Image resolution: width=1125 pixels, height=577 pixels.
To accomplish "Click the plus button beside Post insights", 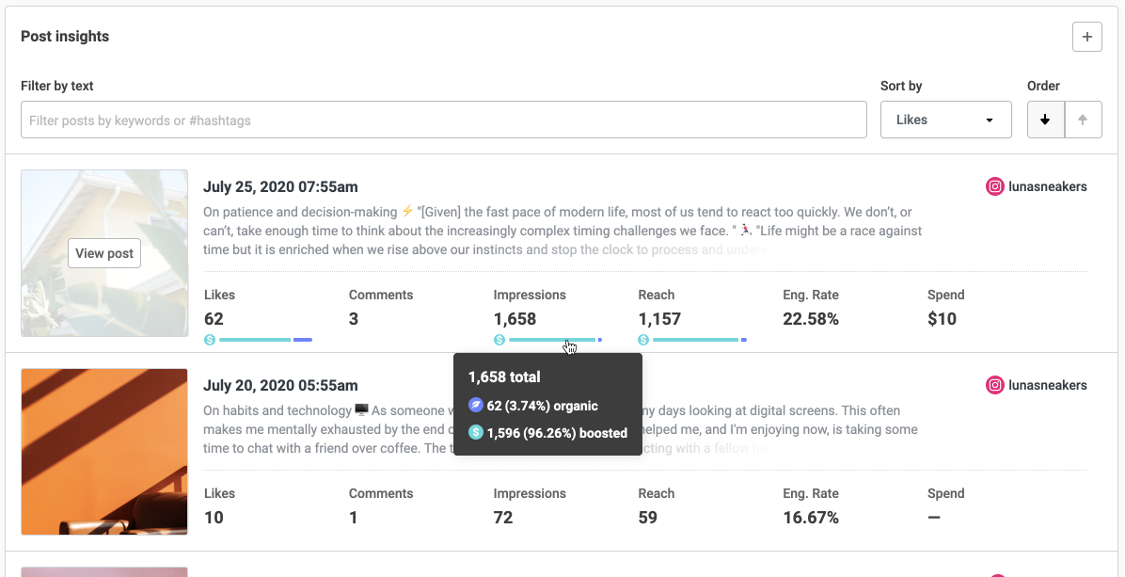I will coord(1086,37).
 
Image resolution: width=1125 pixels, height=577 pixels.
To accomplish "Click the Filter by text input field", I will coord(443,120).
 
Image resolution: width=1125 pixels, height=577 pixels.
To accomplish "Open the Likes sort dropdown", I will coord(945,120).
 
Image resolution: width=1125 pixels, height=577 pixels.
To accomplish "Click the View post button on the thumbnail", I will coord(104,253).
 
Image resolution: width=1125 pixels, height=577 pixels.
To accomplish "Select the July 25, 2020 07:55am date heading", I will coord(280,186).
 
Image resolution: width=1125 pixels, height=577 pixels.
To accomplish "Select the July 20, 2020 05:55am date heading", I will coord(280,385).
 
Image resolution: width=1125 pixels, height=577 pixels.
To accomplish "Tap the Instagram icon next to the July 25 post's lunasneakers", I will coord(994,186).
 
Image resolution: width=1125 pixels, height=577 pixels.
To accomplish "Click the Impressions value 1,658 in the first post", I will coord(515,319).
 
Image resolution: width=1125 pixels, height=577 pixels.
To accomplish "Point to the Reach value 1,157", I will coord(658,319).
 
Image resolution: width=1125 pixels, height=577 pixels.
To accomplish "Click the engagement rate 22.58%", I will coord(810,319).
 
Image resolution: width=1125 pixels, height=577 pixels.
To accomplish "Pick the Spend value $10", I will coord(942,319).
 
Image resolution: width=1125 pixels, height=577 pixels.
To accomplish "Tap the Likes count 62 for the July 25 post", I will coord(214,319).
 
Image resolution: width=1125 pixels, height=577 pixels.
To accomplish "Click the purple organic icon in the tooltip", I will coord(476,406).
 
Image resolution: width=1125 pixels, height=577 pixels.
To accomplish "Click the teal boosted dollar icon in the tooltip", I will coord(476,433).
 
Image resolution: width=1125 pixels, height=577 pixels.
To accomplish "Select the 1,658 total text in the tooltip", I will coord(504,377).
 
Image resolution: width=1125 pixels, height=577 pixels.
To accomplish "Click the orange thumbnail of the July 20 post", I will coord(104,452).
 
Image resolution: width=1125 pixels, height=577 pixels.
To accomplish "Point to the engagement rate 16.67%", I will coord(810,518).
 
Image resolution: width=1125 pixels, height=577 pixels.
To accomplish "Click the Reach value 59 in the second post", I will coord(648,518).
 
